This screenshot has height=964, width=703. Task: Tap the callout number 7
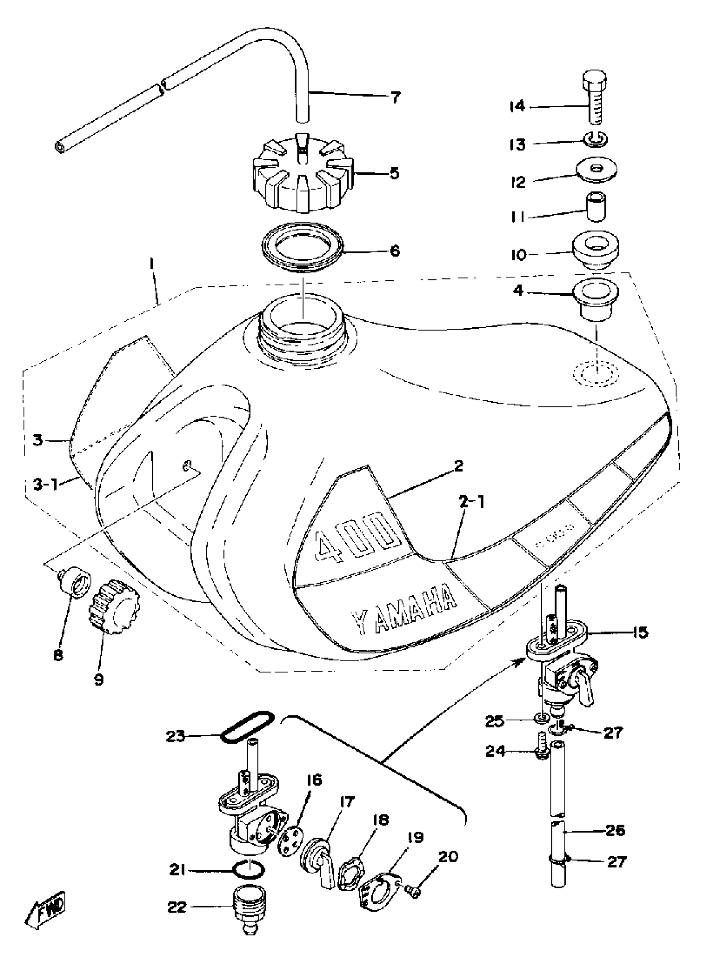[x=395, y=98]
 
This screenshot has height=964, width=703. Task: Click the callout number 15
[x=641, y=632]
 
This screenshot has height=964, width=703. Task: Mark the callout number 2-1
[x=471, y=502]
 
